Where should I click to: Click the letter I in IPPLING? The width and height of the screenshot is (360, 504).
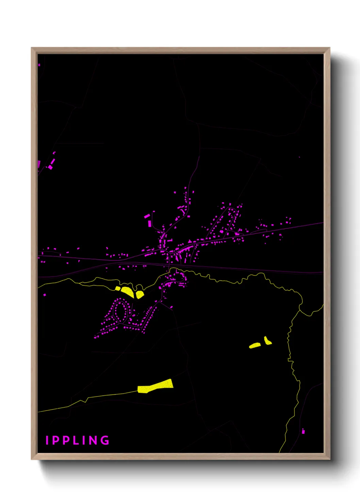tap(47, 440)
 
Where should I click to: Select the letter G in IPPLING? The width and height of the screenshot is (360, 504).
tap(105, 440)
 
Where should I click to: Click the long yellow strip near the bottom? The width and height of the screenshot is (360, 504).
tap(156, 386)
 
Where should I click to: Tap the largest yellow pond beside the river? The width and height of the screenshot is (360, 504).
tap(128, 292)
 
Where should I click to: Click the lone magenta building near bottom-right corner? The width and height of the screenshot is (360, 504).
tap(303, 431)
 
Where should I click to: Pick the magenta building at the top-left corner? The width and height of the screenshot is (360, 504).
tap(39, 64)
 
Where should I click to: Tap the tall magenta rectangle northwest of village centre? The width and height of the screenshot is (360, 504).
tap(149, 223)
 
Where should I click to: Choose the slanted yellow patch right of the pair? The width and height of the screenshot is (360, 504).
tap(267, 341)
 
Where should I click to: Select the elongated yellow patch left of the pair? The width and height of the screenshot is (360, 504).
tap(255, 346)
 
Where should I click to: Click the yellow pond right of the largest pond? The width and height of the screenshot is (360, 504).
tap(140, 295)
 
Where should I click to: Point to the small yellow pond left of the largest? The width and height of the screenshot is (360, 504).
tap(118, 288)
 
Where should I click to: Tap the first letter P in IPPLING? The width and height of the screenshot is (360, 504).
tap(56, 440)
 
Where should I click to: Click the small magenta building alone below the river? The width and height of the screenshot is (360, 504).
tap(45, 295)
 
